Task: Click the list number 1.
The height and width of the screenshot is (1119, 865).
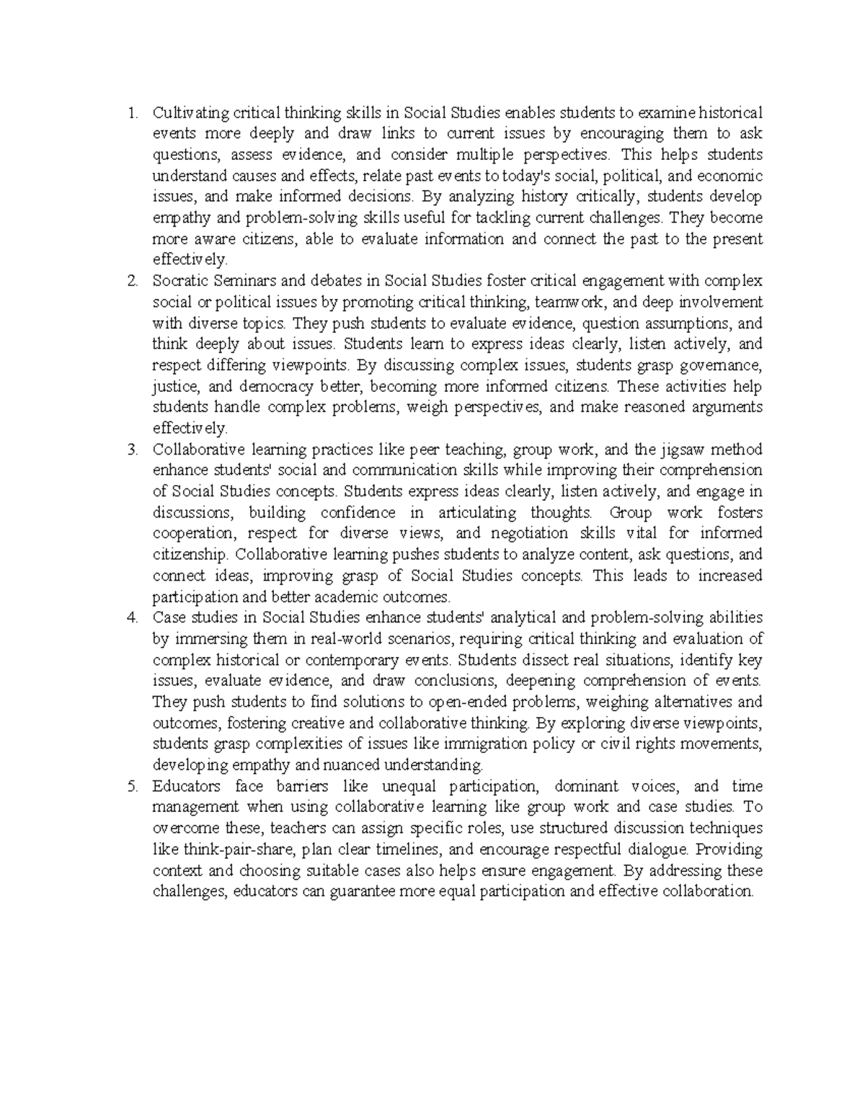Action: [x=130, y=113]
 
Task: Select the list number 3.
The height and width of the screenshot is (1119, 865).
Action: [x=130, y=450]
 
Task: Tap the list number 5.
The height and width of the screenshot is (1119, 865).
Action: [x=130, y=787]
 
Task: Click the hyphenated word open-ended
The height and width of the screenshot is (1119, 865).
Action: [x=466, y=702]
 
